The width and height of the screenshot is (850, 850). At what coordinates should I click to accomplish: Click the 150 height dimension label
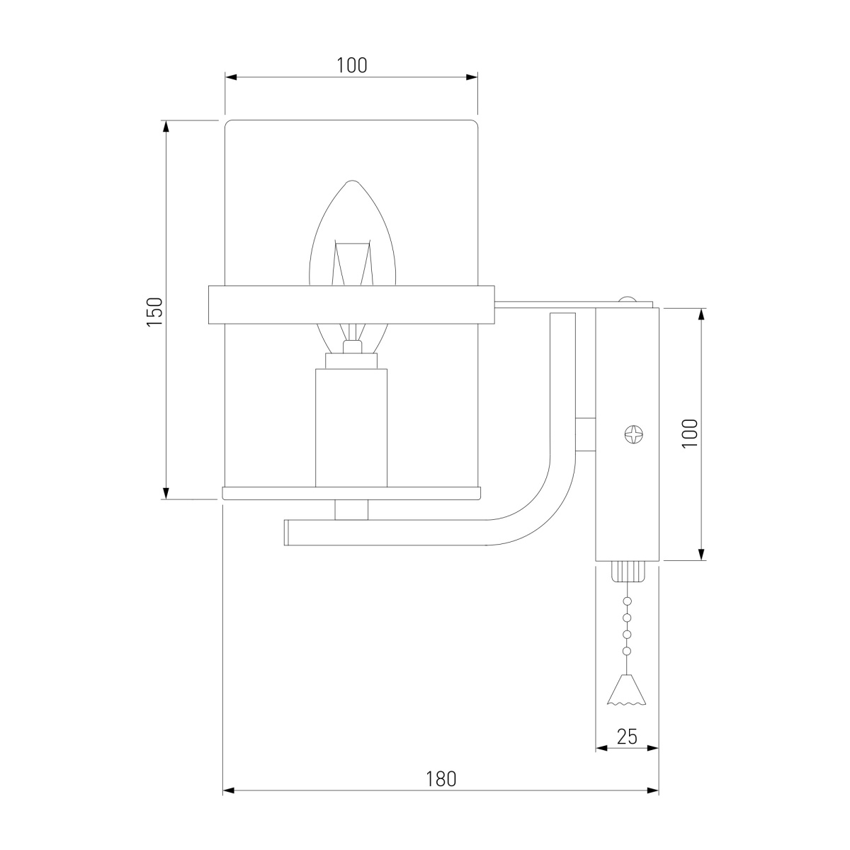(x=154, y=312)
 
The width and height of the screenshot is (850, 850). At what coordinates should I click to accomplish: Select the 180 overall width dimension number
(x=441, y=779)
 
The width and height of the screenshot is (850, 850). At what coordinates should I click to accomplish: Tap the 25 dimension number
(x=627, y=737)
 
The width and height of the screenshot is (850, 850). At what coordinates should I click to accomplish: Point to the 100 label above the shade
(x=351, y=65)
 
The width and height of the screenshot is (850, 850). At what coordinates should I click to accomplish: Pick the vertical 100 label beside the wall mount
(x=690, y=433)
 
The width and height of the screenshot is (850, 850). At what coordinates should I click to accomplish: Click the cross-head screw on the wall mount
(x=633, y=434)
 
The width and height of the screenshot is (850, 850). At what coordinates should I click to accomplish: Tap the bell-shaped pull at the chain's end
(x=627, y=690)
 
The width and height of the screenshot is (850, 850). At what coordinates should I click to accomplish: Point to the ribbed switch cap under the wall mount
(x=627, y=571)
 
